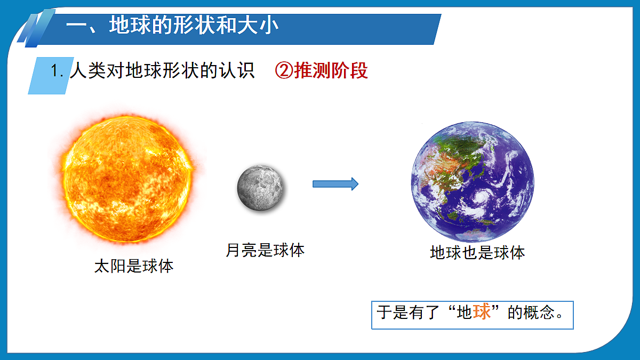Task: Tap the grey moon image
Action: (x=260, y=188)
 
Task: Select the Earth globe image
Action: (x=473, y=182)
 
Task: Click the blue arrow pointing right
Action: (x=335, y=184)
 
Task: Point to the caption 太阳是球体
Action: (x=134, y=266)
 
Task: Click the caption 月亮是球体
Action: (x=265, y=250)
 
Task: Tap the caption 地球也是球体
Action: (x=477, y=253)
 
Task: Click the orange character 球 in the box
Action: (x=482, y=311)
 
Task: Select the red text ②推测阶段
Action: (x=321, y=70)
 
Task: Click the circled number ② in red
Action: (x=284, y=70)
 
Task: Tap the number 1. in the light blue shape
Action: (x=57, y=70)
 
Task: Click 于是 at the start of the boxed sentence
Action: (x=393, y=312)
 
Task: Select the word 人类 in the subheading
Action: (x=87, y=70)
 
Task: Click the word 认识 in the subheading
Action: (x=237, y=70)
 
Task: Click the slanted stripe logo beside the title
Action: (x=36, y=28)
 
